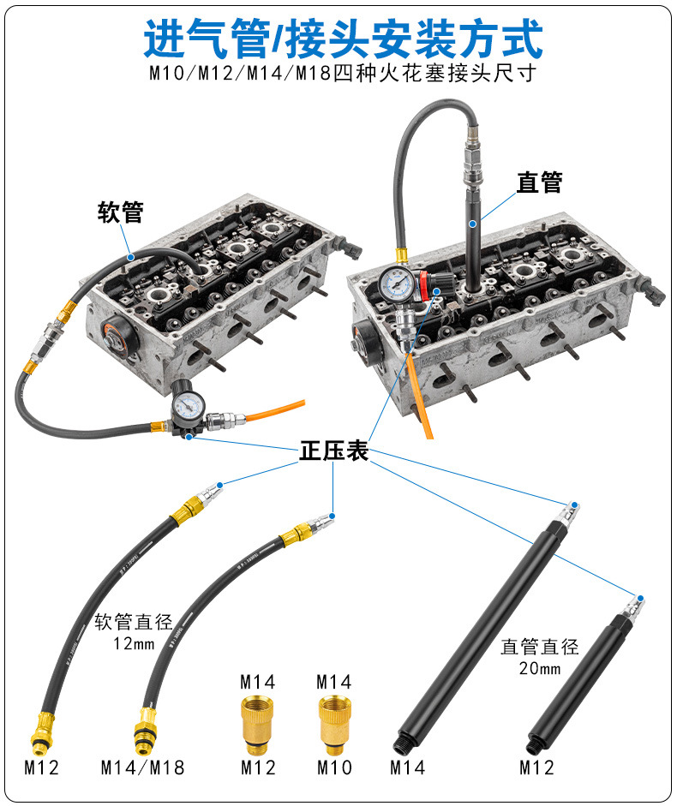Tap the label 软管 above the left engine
[121, 212]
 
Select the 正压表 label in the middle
[333, 451]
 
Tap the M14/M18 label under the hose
[142, 767]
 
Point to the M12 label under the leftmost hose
[41, 767]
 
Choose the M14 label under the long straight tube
[407, 767]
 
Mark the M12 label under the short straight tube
[536, 767]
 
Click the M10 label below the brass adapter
[334, 767]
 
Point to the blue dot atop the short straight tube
[640, 597]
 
